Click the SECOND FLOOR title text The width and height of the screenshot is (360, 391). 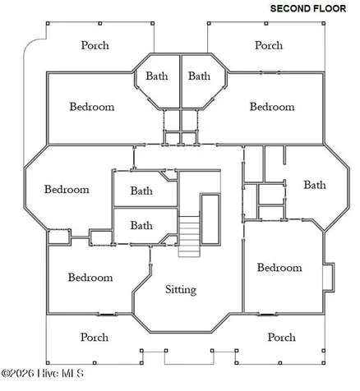point(308,8)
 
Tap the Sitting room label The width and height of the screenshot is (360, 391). point(181,290)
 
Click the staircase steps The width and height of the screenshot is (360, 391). point(189,237)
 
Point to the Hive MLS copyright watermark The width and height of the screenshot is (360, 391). point(43,373)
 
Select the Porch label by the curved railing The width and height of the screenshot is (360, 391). point(95,45)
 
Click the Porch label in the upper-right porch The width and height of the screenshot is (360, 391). point(269,45)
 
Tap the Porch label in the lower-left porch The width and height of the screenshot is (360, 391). point(95,337)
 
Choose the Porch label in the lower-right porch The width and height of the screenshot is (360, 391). point(282,337)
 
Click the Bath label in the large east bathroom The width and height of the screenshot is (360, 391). point(315,185)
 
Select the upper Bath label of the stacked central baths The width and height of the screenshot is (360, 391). point(141,191)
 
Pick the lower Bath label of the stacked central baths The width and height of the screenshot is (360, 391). point(141,225)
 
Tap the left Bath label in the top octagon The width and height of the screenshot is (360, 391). point(157,76)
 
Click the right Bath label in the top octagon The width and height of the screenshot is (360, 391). point(199,76)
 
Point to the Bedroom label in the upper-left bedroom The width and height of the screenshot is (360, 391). point(92,107)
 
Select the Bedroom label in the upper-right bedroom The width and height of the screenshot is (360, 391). point(272,107)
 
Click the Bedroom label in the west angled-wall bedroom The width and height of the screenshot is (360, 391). point(67,189)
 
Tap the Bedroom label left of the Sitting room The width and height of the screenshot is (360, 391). point(90,278)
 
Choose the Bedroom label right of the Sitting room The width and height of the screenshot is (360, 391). point(279,268)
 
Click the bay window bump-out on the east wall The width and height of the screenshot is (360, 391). point(329,277)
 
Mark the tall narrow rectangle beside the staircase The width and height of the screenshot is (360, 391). point(210,219)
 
